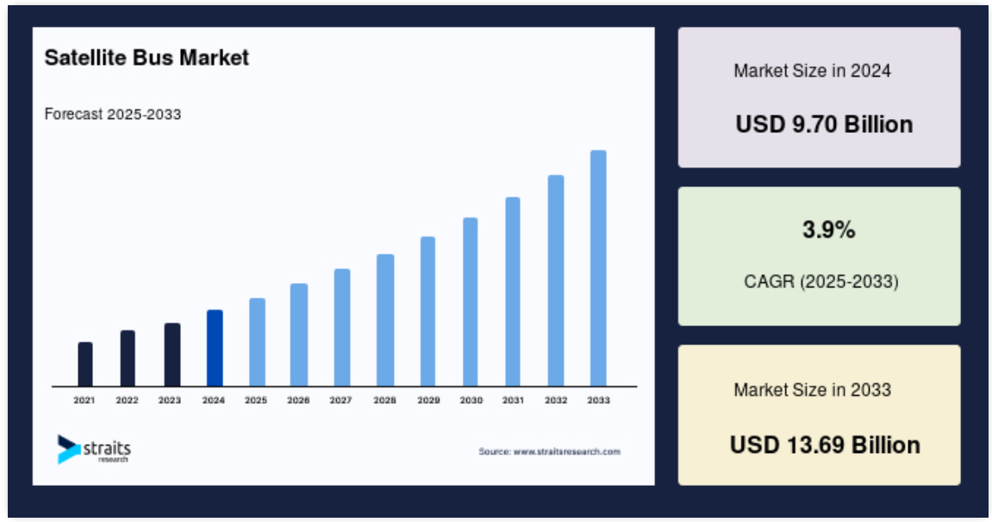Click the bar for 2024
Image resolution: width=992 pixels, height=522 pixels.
[x=215, y=348]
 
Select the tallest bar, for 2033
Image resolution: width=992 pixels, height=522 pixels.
[x=598, y=268]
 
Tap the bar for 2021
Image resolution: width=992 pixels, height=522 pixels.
[x=84, y=364]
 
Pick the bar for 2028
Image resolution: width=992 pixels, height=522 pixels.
[x=385, y=320]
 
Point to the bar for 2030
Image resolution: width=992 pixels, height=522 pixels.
[x=470, y=302]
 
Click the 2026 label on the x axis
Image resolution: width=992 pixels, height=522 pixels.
[x=298, y=400]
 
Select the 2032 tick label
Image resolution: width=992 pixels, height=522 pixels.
[x=556, y=400]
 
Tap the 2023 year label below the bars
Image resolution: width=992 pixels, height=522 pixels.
[x=170, y=400]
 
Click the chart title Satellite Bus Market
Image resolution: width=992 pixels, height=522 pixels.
[x=147, y=58]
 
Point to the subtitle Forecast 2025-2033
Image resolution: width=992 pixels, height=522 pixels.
[x=113, y=114]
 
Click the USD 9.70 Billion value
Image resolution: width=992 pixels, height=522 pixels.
[x=824, y=124]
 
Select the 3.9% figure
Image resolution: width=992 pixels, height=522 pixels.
[x=829, y=230]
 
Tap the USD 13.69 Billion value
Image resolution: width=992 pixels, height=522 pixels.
[x=825, y=444]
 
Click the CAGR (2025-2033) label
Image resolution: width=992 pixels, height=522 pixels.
[x=821, y=281]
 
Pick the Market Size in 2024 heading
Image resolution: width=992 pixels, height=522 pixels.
[x=813, y=70]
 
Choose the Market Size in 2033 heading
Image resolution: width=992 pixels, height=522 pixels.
[x=813, y=390]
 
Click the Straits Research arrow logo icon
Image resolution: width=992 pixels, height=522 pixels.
[x=68, y=450]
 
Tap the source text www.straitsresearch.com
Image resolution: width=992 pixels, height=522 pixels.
[x=567, y=452]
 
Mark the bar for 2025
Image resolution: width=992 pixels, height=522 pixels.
[x=257, y=342]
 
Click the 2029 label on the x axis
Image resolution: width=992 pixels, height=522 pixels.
[x=428, y=400]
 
